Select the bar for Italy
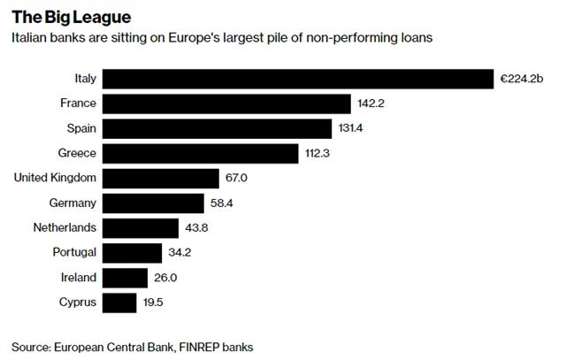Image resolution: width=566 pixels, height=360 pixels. pos(297,79)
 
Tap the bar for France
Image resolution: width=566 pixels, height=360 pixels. pos(227,103)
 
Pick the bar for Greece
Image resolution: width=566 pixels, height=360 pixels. pos(201,154)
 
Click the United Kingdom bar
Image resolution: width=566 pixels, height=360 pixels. pos(161,179)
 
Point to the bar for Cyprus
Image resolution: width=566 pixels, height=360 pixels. pos(119,303)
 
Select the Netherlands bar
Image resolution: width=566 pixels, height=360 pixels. pos(141,228)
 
